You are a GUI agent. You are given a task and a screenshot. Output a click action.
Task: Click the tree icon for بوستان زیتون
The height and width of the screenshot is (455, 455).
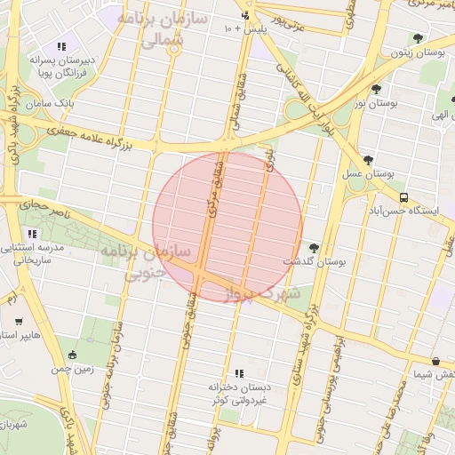[418, 38]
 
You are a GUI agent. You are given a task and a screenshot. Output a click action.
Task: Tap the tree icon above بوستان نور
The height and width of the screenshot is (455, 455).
[377, 89]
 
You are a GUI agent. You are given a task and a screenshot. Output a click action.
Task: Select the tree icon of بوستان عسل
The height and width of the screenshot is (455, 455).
[368, 160]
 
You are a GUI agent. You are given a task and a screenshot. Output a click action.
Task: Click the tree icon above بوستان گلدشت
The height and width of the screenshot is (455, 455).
[313, 247]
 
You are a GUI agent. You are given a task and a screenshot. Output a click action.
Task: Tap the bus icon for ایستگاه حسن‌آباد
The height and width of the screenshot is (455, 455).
[404, 197]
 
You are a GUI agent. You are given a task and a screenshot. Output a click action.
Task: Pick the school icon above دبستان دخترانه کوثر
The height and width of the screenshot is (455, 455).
[238, 373]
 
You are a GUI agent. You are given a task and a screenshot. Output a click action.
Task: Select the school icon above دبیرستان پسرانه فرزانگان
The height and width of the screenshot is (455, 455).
[61, 46]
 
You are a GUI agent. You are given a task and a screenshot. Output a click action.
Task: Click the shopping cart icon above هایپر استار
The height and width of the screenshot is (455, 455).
[19, 322]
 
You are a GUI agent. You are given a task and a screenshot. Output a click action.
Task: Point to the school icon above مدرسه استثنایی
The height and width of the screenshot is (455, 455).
[33, 235]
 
